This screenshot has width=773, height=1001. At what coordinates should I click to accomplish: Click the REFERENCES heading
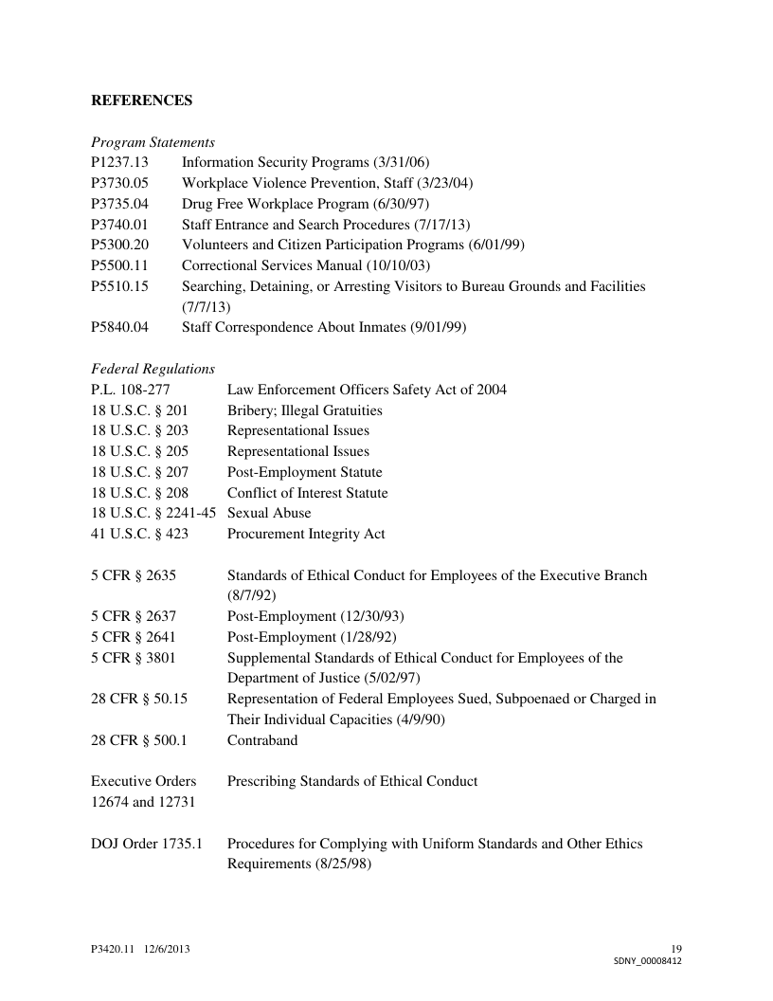141,100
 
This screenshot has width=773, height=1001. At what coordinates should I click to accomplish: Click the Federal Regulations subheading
153,369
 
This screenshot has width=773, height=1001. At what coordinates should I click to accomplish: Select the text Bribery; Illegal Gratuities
304,410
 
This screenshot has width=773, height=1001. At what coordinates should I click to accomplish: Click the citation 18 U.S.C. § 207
139,472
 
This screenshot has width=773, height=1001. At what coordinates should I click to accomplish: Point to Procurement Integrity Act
306,534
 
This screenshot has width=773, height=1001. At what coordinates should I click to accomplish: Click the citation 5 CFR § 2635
134,575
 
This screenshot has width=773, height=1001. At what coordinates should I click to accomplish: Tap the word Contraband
262,740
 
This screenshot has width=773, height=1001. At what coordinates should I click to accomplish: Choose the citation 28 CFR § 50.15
139,699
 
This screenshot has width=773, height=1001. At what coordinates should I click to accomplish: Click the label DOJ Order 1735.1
147,844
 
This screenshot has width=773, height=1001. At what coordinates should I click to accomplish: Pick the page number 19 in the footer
675,949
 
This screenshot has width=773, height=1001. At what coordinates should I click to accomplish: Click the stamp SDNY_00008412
648,960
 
